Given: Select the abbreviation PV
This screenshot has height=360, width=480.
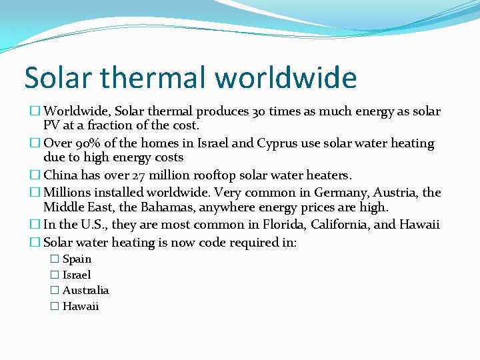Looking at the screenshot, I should pos(52,125).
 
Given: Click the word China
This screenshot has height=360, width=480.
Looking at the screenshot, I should pos(61,175).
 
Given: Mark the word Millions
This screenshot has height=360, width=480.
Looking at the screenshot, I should pos(68,193).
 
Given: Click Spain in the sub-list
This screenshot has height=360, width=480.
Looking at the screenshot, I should pos(77,259).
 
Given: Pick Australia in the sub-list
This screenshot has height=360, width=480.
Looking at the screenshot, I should pos(85,291).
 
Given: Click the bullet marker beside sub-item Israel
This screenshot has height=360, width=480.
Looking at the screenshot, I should pos(55,275).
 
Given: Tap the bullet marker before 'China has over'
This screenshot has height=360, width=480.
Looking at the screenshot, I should pos(36,176).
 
